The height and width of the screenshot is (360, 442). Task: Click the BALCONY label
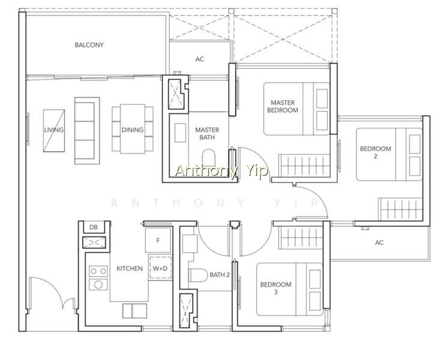[89, 45]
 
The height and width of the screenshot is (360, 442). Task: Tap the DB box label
[93, 227]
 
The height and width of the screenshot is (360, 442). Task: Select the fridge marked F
[158, 240]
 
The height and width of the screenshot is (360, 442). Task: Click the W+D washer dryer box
[160, 268]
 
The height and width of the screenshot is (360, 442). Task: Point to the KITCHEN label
[130, 268]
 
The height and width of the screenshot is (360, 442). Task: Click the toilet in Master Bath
[208, 157]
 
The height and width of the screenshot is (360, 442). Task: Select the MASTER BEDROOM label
[282, 106]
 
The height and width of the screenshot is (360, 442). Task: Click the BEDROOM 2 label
[375, 152]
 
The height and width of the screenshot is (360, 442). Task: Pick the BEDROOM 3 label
[276, 288]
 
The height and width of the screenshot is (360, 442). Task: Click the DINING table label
[133, 130]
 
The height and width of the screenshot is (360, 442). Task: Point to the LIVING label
[54, 130]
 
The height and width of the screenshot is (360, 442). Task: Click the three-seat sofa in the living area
[87, 131]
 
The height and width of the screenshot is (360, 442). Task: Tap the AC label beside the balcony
[199, 59]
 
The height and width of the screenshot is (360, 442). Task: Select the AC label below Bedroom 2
[380, 242]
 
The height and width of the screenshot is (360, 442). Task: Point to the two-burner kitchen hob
[98, 271]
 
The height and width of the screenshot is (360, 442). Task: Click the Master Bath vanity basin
[180, 133]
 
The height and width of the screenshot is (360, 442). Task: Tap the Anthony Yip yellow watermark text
[221, 171]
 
